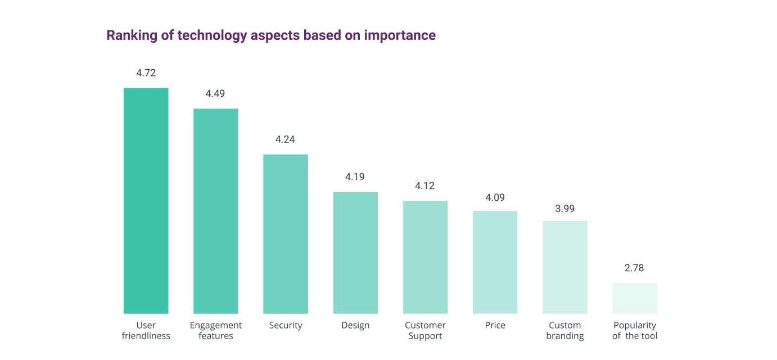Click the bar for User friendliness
pos(146,201)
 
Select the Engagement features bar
pos(216,211)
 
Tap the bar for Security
pos(286,234)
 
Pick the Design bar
pos(355,253)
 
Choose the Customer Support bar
pos(425,257)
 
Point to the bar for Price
pos(495,262)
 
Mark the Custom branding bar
pos(565,267)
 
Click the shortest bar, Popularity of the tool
pos(635,298)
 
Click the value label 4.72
pos(146,73)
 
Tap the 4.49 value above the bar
pos(215,93)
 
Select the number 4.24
pos(285,139)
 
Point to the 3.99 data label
pos(565,209)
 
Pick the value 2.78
pos(634,268)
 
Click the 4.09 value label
pos(495,197)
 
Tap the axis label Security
pos(286,325)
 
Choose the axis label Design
pos(355,325)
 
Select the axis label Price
pos(495,325)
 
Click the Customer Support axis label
pos(425,330)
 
